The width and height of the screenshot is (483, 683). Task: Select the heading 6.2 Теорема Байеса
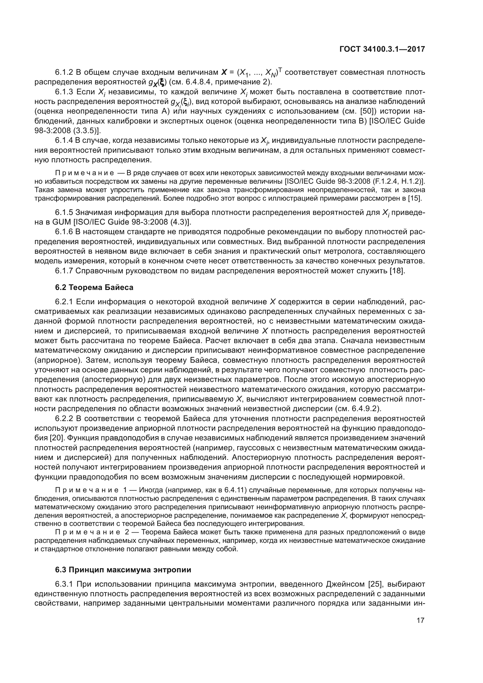tap(94, 287)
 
